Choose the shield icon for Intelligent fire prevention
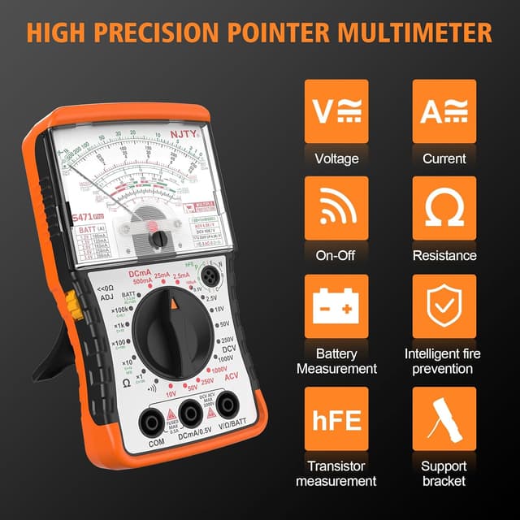coord(444,307)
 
